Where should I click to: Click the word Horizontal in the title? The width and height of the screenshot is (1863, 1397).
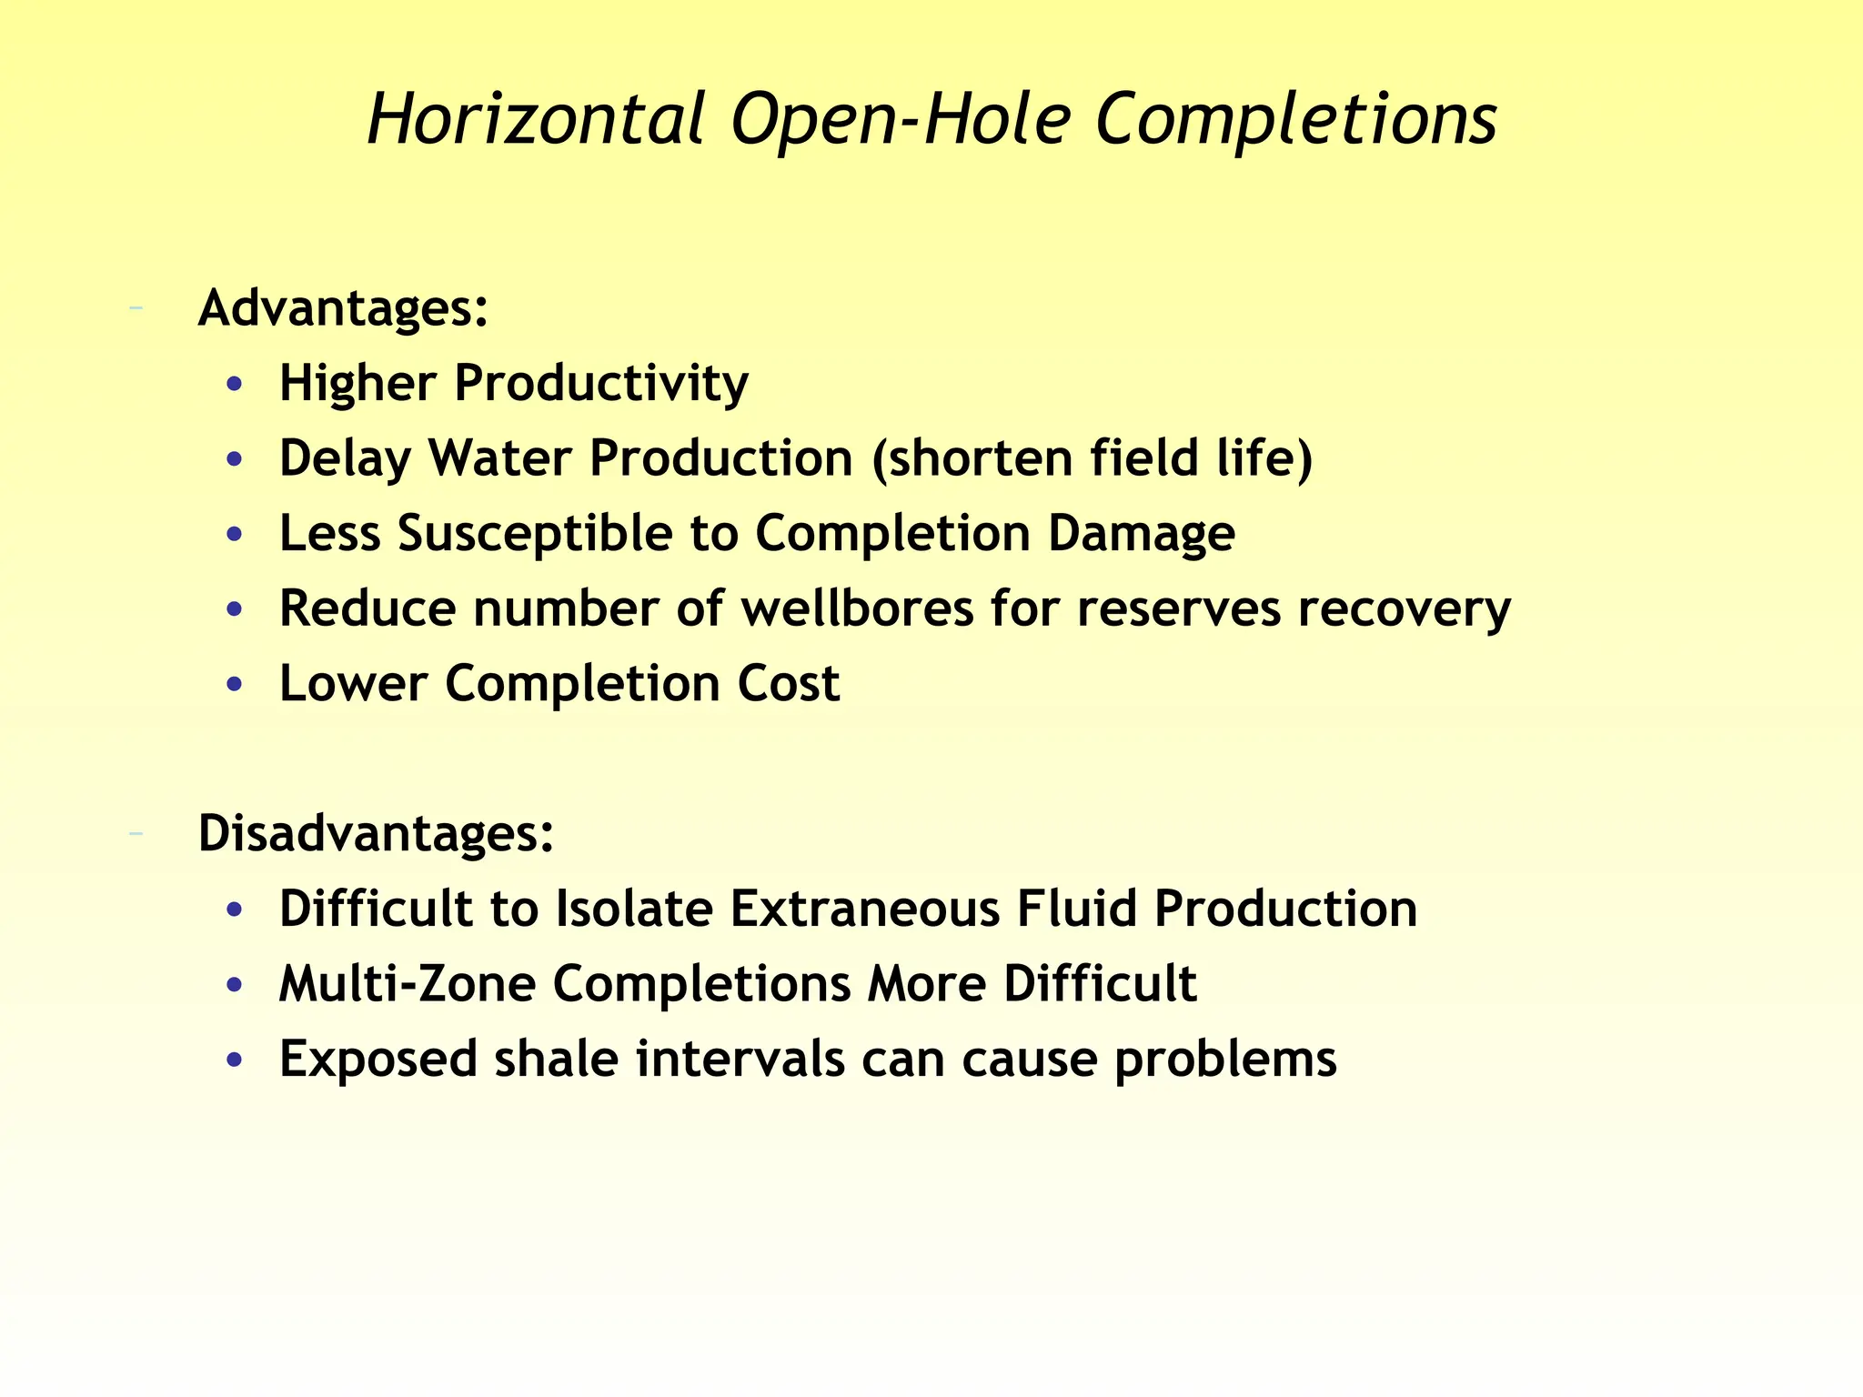coord(536,119)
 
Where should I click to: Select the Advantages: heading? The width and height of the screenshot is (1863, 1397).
coord(343,307)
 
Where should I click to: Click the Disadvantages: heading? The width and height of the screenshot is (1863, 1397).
coord(376,832)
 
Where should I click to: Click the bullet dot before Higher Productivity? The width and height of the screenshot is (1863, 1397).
coord(235,385)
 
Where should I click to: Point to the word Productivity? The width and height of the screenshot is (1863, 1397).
coord(600,383)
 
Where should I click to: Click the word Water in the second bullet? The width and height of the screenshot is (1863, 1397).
coord(500,457)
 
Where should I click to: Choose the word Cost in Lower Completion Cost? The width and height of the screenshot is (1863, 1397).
coord(788,683)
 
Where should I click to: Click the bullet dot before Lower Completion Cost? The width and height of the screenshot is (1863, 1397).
coord(235,685)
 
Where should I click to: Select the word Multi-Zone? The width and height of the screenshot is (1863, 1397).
coord(407,983)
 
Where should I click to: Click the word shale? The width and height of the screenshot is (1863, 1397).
coord(556,1059)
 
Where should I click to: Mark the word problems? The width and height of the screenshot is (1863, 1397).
coord(1225,1059)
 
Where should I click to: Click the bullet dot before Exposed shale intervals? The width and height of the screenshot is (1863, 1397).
coord(235,1060)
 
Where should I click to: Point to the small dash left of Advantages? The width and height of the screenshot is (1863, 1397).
coord(136,308)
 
